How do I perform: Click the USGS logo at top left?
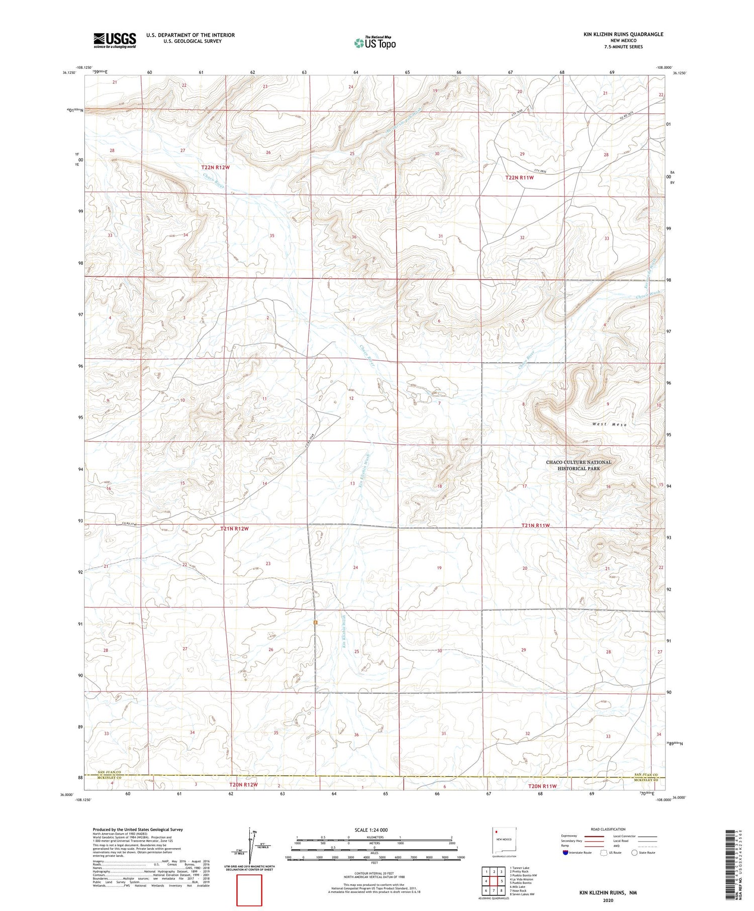pos(115,40)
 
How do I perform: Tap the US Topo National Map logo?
pos(374,43)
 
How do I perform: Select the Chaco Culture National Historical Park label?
pos(579,465)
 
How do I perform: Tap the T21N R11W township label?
pos(535,525)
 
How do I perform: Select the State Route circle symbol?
pos(634,852)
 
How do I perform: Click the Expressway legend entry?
pos(572,836)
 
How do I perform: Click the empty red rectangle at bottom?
pos(249,890)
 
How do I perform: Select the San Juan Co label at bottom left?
pos(110,772)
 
